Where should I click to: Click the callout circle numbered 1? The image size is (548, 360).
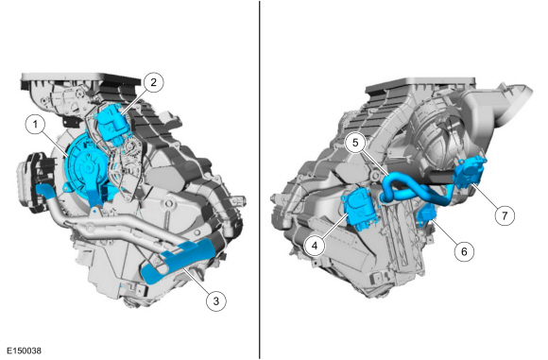[x=35, y=124]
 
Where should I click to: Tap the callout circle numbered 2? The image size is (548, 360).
[x=154, y=81]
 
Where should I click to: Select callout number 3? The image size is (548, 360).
[x=216, y=300]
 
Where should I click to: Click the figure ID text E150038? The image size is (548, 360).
[x=24, y=351]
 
